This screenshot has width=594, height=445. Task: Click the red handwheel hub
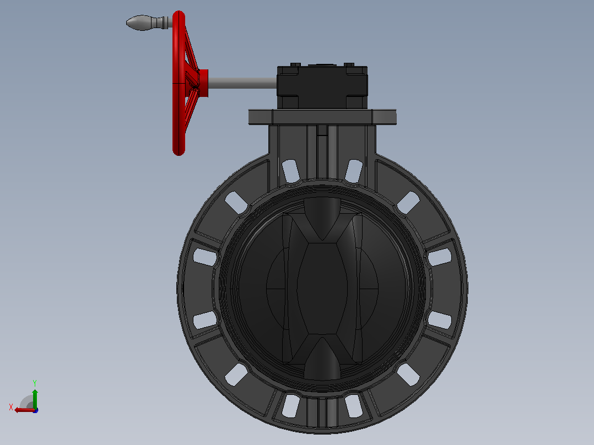pos(203,83)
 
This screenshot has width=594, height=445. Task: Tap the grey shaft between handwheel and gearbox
pos(242,83)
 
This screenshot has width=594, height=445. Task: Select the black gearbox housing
pos(322,87)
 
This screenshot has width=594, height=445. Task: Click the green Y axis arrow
pos(35,398)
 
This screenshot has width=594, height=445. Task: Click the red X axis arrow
pos(25,410)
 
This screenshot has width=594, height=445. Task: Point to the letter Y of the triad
pos(35,383)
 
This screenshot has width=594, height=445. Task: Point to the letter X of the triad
pos(11,407)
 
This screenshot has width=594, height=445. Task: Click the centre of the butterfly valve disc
pos(322,289)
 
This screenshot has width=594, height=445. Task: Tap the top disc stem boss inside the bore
pos(322,218)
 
